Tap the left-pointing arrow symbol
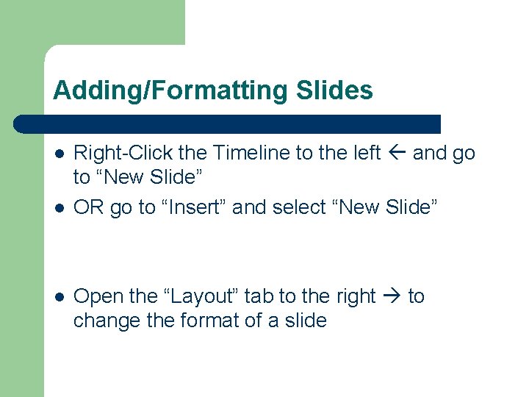pyautogui.click(x=397, y=153)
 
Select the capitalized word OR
pyautogui.click(x=89, y=207)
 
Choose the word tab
pyautogui.click(x=258, y=296)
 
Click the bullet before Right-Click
pyautogui.click(x=58, y=154)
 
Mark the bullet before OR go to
pyautogui.click(x=58, y=208)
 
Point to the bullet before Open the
pyautogui.click(x=58, y=297)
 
